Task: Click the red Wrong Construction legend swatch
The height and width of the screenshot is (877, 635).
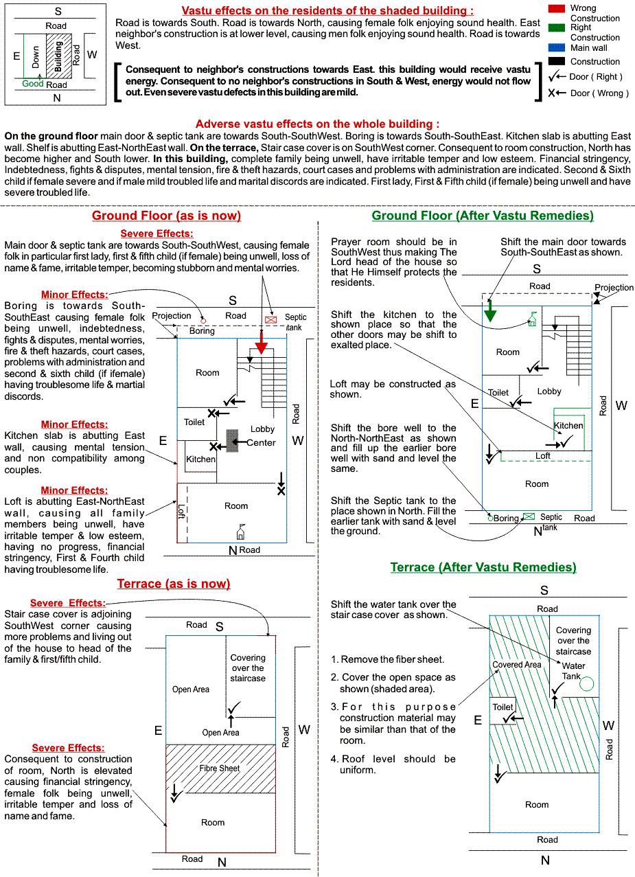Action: tap(557, 8)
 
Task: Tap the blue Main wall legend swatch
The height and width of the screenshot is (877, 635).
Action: tap(557, 48)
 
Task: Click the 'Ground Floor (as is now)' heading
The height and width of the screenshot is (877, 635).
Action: tap(166, 216)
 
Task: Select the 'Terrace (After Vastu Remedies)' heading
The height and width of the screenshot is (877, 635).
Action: tap(483, 567)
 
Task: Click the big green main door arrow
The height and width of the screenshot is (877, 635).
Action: tap(490, 312)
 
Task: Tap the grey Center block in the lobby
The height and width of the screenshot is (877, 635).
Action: tap(233, 440)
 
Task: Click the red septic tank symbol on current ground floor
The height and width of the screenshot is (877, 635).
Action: tap(270, 319)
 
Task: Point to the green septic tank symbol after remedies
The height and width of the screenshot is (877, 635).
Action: tap(529, 517)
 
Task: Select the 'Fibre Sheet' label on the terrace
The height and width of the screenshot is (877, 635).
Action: tap(220, 768)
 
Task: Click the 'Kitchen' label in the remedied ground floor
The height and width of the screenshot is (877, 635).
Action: tap(568, 426)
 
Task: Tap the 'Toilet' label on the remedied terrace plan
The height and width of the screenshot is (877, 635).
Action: tap(503, 707)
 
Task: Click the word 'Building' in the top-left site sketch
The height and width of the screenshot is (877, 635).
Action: tap(58, 56)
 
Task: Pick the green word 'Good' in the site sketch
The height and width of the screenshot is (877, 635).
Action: tap(33, 84)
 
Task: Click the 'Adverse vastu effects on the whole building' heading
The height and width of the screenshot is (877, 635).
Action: tap(317, 124)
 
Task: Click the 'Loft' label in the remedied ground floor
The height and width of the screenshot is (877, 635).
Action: tap(542, 456)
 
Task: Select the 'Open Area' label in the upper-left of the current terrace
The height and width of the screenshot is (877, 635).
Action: tap(191, 690)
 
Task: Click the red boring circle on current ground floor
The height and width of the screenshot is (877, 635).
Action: tap(203, 320)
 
